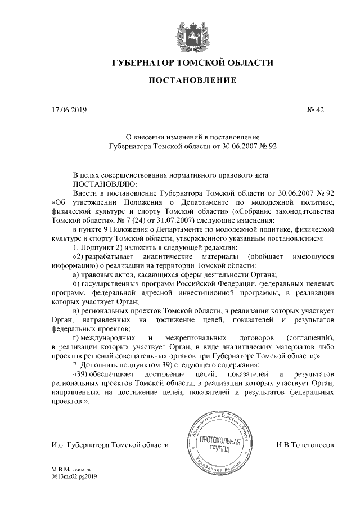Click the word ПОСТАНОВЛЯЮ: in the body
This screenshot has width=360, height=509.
(x=105, y=183)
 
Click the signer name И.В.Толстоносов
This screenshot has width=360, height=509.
(x=305, y=445)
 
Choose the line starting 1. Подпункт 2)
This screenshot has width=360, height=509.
(x=152, y=247)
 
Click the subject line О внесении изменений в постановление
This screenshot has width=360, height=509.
(x=192, y=136)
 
